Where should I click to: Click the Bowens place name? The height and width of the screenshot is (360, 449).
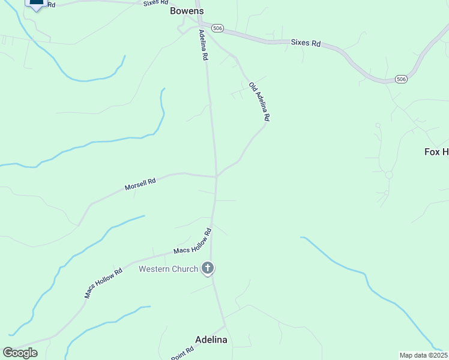click(187, 11)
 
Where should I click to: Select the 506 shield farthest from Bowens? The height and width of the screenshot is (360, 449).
click(402, 79)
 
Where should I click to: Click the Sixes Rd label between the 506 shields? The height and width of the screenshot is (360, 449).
click(306, 43)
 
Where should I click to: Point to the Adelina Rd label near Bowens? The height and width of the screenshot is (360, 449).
click(203, 47)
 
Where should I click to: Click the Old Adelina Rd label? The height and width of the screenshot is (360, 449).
click(259, 102)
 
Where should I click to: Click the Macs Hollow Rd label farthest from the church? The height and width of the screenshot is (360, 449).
click(104, 283)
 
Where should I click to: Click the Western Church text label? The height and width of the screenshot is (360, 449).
click(168, 269)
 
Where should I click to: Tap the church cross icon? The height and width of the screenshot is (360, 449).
click(208, 268)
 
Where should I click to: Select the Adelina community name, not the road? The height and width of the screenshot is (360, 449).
click(210, 340)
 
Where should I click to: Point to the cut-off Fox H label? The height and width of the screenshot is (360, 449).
click(436, 152)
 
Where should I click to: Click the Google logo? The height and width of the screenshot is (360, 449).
click(20, 353)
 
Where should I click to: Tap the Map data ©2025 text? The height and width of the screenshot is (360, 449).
click(423, 355)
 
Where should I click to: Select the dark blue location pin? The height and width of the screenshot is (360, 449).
click(37, 3)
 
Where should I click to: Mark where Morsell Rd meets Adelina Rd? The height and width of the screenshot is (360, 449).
click(216, 176)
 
